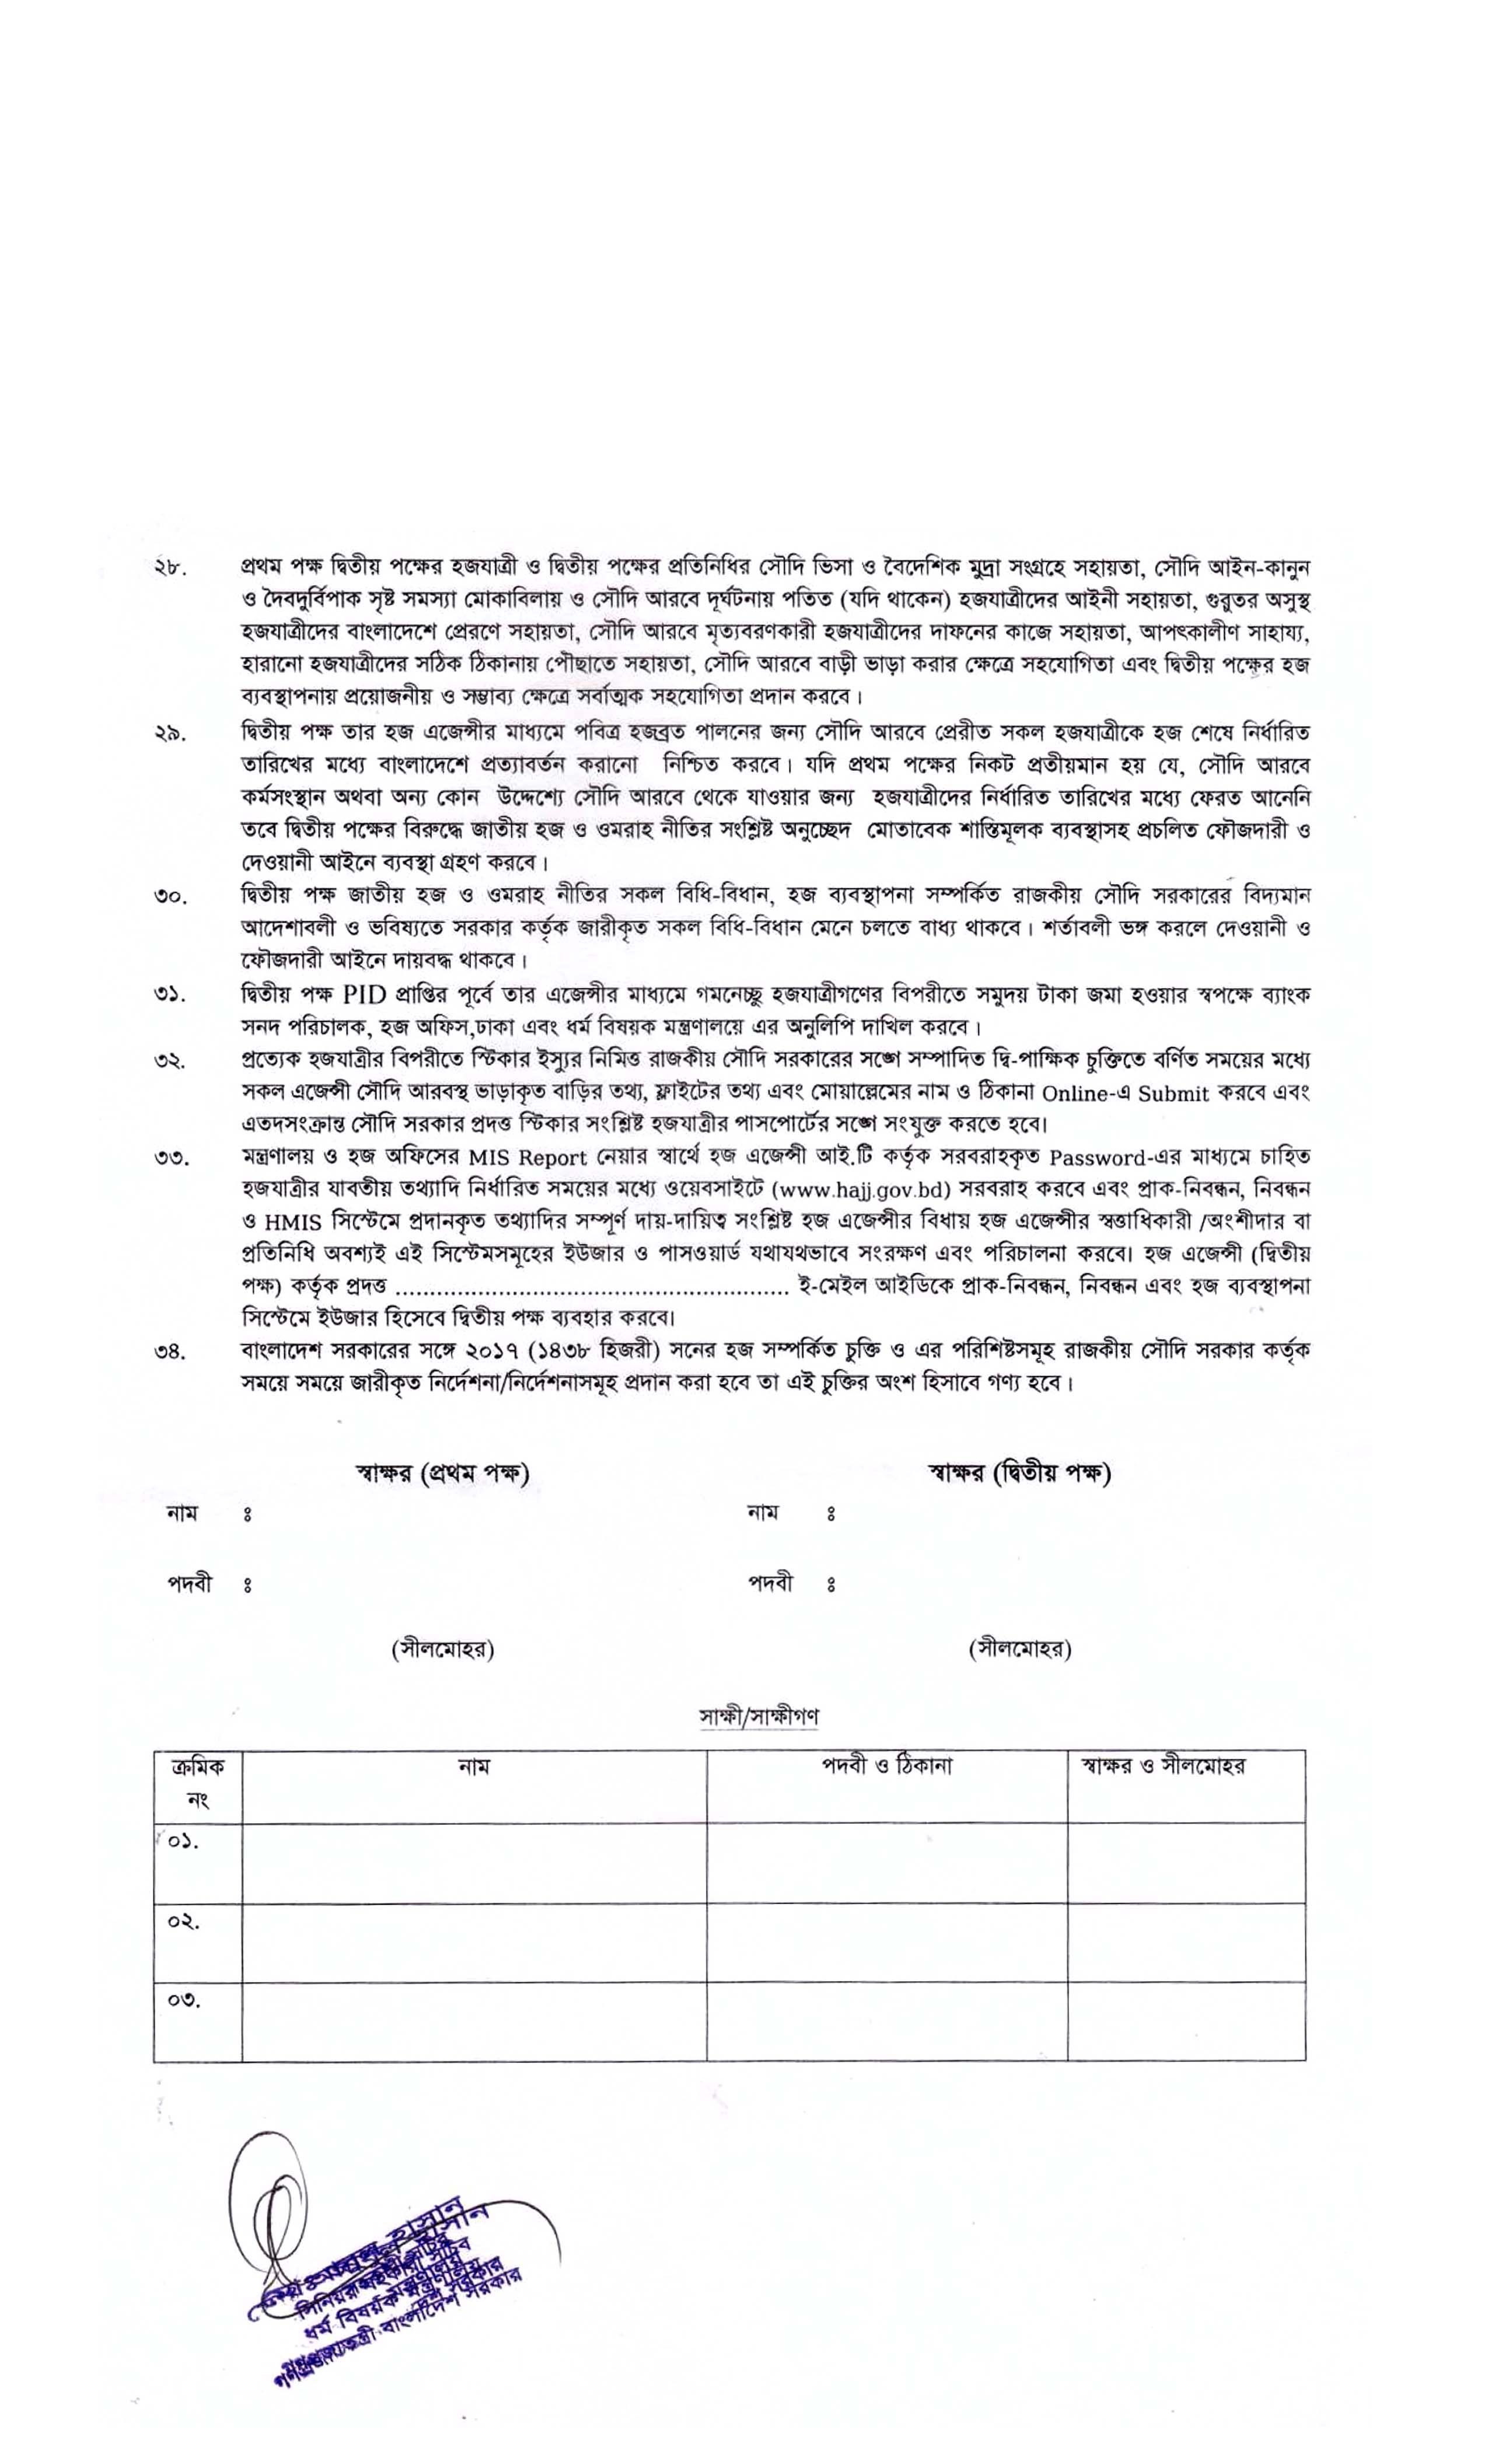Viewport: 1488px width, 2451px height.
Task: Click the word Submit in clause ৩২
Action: pyautogui.click(x=1173, y=1093)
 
